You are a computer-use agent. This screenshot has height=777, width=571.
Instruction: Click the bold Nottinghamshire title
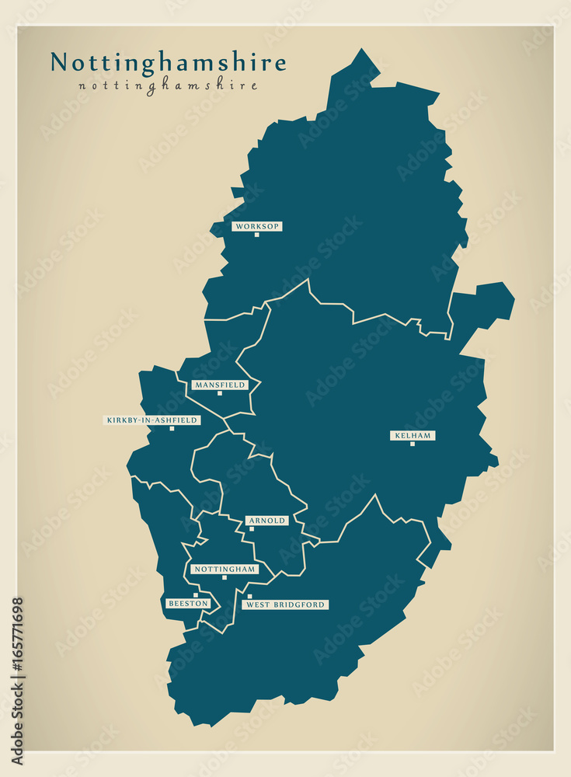coord(168,63)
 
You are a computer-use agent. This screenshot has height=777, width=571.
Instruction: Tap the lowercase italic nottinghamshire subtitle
coord(168,85)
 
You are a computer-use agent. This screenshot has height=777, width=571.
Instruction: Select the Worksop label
coord(257,226)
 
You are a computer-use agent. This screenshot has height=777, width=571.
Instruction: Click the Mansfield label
coord(220,385)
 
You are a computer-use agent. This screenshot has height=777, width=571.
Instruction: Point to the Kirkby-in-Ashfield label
coord(152,420)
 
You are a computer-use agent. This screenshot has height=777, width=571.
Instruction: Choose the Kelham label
coord(413,435)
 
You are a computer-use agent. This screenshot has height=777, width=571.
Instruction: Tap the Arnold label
coord(267,521)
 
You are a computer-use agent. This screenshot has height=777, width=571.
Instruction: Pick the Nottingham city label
coord(225,569)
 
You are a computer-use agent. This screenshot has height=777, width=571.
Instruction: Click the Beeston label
coord(187,603)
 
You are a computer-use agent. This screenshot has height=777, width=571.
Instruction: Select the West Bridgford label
coord(284,605)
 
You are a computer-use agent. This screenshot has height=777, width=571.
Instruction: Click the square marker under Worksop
coord(256,235)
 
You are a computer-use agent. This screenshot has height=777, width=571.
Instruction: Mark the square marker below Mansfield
coord(220,393)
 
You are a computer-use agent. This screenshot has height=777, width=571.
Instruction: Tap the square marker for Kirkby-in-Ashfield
coord(172,428)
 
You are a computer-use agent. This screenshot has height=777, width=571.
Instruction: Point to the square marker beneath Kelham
coord(413,444)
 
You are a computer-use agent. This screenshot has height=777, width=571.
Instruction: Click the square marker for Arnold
coord(251,528)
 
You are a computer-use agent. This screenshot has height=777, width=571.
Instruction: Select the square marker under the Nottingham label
coord(225,577)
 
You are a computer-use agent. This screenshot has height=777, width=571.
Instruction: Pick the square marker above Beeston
coord(195,595)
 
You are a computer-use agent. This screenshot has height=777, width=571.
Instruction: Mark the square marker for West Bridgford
coord(249,596)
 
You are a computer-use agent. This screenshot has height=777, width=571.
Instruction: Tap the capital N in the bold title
coord(58,63)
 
